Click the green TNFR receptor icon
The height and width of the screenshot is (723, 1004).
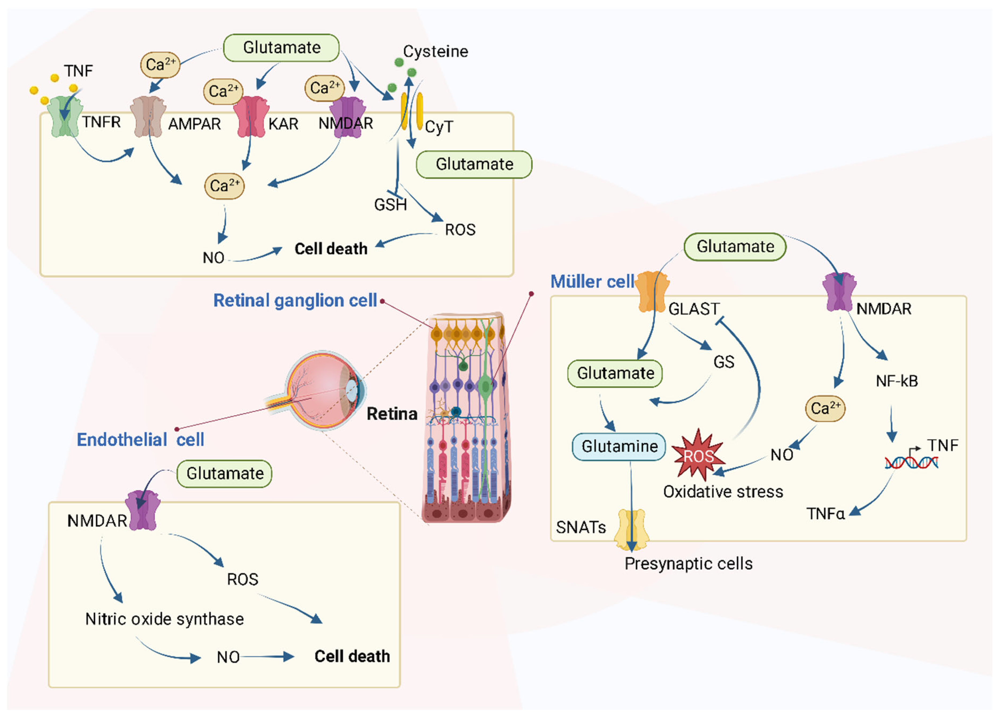click(x=65, y=117)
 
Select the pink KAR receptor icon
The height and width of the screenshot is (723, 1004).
click(x=251, y=117)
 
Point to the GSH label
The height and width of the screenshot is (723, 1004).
click(x=390, y=205)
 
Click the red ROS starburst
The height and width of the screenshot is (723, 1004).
click(x=698, y=456)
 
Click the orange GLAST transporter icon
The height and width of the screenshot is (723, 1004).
click(x=652, y=292)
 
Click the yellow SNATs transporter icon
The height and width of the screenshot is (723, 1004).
click(x=632, y=529)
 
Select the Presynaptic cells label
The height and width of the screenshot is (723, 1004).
click(x=688, y=564)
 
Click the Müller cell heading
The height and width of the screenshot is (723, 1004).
click(x=592, y=282)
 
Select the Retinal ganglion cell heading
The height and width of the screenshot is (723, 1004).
click(x=295, y=301)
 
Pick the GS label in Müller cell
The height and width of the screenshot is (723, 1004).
click(x=724, y=362)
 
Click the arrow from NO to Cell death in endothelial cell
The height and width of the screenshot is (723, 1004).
click(x=268, y=657)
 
